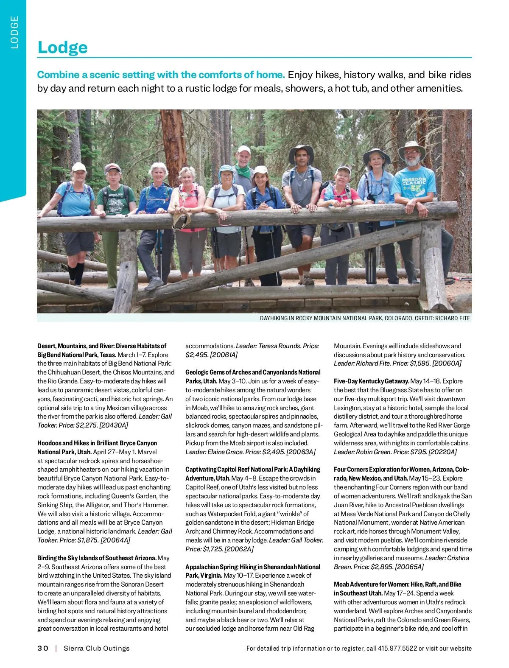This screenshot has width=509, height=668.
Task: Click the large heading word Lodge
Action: point(62,47)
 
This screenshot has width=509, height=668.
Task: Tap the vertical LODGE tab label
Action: point(15,32)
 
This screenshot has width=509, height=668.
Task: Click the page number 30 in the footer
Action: point(43,648)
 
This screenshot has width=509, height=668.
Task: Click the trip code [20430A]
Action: point(114,425)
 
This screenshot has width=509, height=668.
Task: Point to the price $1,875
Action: point(87,540)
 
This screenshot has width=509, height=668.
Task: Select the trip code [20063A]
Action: point(301,452)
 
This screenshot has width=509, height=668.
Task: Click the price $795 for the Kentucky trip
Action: point(419,452)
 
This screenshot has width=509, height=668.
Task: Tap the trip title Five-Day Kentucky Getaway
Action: point(371,381)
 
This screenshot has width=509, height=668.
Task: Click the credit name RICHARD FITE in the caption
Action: point(453,318)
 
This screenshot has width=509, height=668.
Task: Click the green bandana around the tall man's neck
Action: point(243,171)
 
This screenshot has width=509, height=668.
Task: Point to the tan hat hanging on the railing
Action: point(182,218)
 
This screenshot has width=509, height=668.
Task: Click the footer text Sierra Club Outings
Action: point(96,648)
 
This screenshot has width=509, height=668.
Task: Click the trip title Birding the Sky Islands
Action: point(97,558)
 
